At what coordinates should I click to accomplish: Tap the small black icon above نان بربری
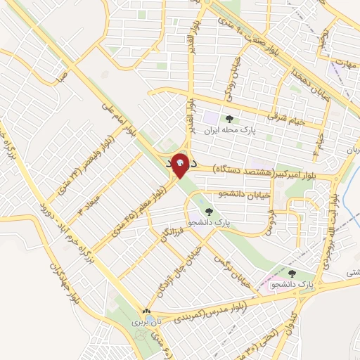(146, 310)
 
